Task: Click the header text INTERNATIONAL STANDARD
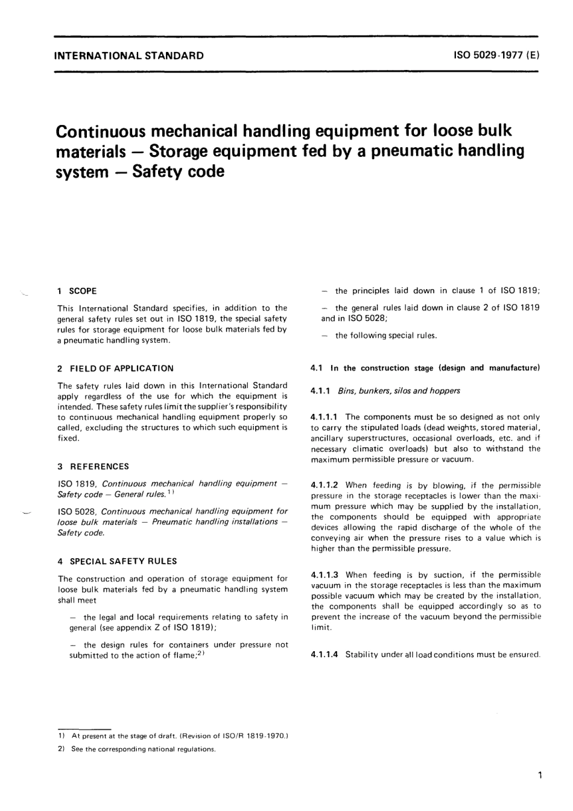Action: click(x=128, y=56)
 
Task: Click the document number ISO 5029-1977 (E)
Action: click(x=496, y=56)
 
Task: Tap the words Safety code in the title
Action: click(x=178, y=172)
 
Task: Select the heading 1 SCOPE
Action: click(x=77, y=291)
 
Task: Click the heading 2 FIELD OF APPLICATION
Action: click(x=116, y=368)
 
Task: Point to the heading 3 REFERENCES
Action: click(x=93, y=466)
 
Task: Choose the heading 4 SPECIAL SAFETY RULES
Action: click(x=118, y=561)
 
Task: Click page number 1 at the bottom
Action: click(x=539, y=775)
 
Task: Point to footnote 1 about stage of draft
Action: click(x=175, y=736)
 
